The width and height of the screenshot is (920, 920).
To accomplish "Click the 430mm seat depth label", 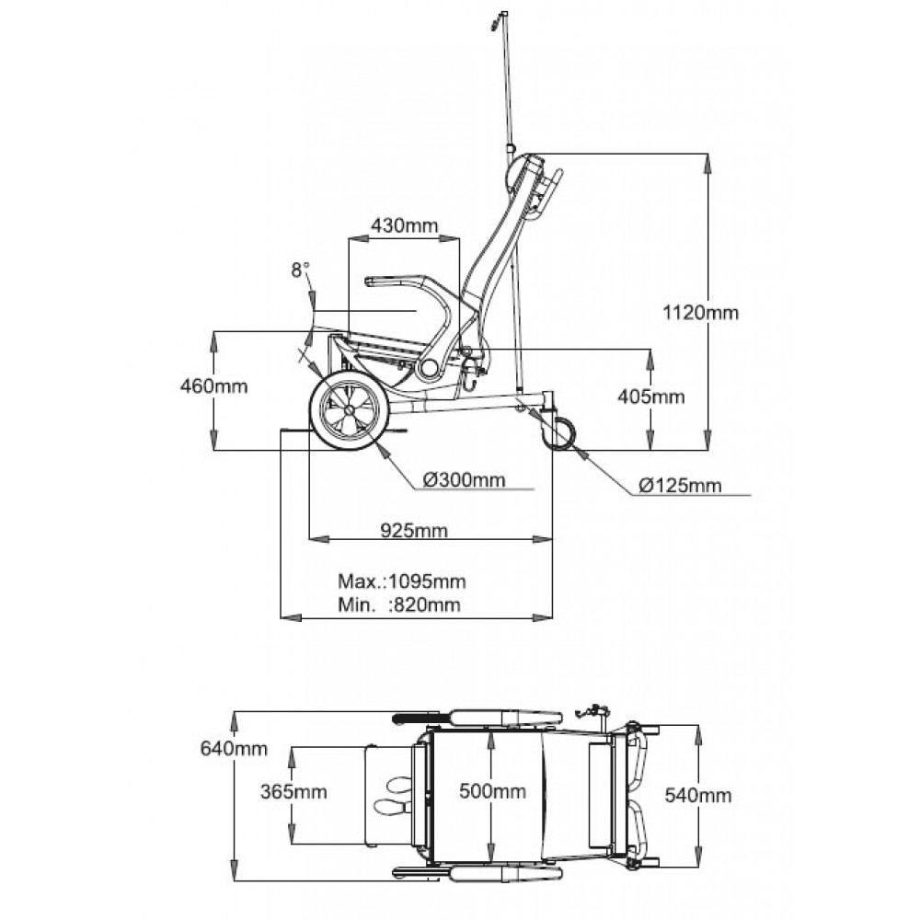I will [x=404, y=225].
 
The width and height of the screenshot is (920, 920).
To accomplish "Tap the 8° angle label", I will [x=300, y=270].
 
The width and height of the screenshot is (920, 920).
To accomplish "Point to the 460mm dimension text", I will [x=213, y=386].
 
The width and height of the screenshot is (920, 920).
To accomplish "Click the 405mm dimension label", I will [x=652, y=397].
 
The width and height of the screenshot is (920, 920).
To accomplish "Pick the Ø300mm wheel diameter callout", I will [x=465, y=479].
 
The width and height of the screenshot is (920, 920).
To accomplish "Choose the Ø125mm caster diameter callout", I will [x=681, y=484].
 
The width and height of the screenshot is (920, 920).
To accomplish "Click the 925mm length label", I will [x=414, y=531].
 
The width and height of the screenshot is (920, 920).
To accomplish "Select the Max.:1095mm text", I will [x=401, y=581].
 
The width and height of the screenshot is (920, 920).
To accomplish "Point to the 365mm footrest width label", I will [x=293, y=791].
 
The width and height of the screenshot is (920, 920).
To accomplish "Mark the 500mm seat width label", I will [x=493, y=791].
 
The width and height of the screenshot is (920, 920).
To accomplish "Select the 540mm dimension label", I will [x=698, y=794].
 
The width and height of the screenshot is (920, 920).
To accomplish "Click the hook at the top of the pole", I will [x=500, y=17].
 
